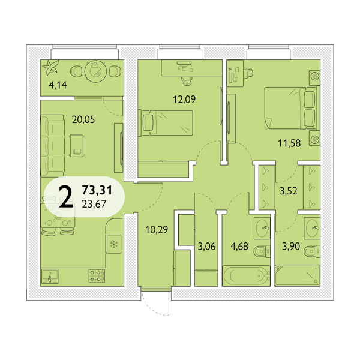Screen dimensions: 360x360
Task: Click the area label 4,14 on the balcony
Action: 58,85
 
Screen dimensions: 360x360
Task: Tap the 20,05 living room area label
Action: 83,119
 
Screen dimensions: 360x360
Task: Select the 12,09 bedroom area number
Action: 184,100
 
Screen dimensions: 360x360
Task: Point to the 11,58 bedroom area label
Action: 289,143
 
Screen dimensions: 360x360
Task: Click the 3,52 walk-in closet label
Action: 289,191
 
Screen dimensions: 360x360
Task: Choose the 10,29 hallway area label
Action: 157,229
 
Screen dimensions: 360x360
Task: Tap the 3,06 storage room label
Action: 206,247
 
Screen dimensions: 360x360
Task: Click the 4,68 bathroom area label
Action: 239,247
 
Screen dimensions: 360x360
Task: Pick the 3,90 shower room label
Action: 291,247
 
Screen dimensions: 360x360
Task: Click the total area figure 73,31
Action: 97,190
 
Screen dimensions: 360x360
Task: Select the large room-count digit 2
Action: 66,196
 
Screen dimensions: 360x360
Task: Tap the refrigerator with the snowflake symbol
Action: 113,244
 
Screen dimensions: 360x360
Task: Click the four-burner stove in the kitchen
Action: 97,276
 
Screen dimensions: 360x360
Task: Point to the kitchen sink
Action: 50,276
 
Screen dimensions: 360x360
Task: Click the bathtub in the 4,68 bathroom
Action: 246,276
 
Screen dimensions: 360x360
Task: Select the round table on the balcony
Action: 95,71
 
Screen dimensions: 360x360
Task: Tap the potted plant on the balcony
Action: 50,67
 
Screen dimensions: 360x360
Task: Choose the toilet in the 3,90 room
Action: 312,251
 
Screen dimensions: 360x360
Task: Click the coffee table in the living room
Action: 77,146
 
